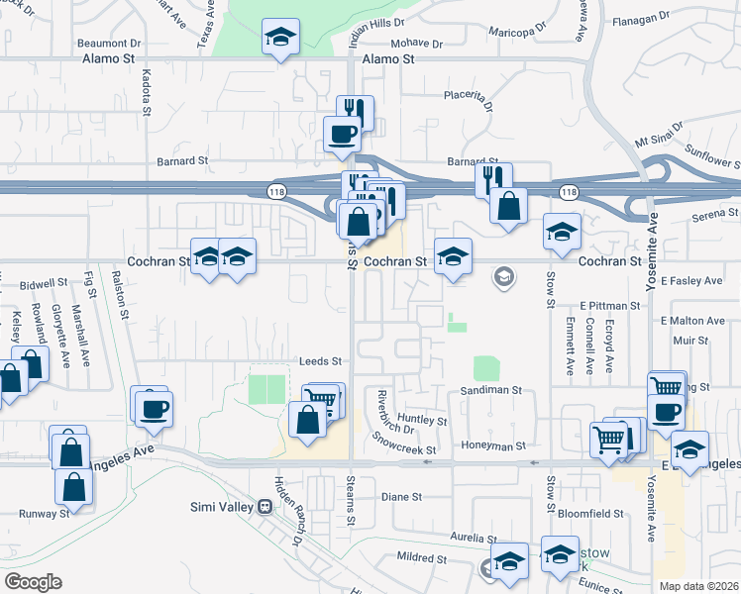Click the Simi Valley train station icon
[x=265, y=507]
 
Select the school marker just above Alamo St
[x=280, y=40]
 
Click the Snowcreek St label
[x=403, y=443]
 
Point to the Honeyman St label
[x=492, y=446]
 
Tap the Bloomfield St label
[x=591, y=514]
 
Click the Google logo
[x=33, y=582]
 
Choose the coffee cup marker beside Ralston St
[x=152, y=408]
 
